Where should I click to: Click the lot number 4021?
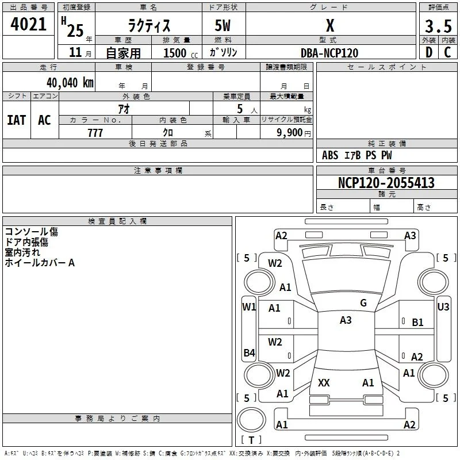tap(28, 24)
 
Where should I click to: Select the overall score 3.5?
tap(438, 26)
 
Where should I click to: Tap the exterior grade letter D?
tap(429, 52)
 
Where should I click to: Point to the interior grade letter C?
tap(447, 52)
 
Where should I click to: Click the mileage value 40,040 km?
tap(70, 82)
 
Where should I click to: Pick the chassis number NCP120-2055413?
tap(386, 183)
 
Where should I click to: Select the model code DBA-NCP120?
tap(329, 53)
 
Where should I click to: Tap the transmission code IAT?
tap(17, 120)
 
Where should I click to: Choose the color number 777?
tap(95, 133)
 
